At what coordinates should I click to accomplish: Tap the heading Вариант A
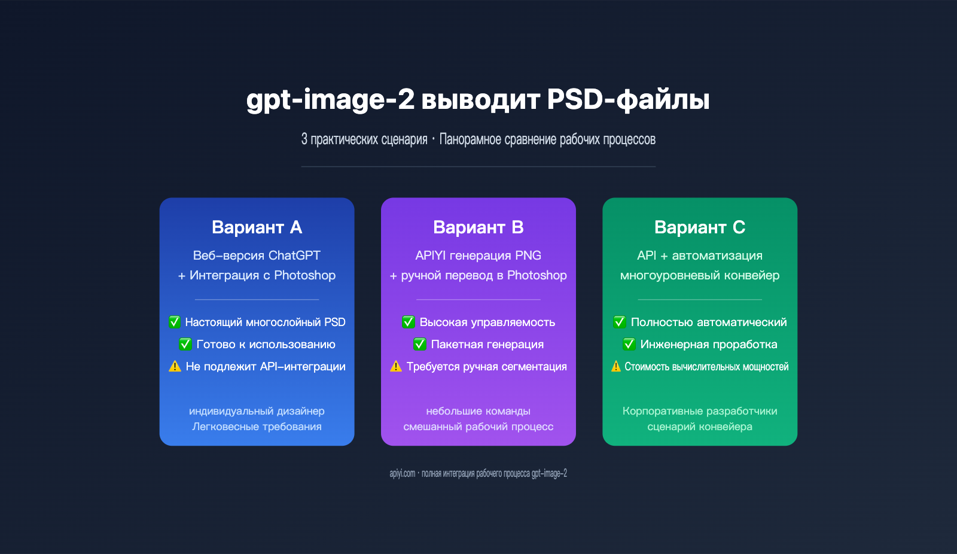coord(257,227)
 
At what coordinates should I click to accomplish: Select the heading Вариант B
coord(478,227)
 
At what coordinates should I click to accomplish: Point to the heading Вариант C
coord(699,227)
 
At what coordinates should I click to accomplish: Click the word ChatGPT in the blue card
coord(294,255)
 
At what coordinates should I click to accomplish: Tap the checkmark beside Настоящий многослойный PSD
coord(175,322)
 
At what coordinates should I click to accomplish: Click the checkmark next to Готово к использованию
coord(185,344)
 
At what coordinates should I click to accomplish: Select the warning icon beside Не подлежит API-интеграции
coord(175,366)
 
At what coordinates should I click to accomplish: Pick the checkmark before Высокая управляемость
coord(409,322)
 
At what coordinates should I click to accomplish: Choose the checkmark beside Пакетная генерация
coord(420,344)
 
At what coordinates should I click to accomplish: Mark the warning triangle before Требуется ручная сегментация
coord(396,366)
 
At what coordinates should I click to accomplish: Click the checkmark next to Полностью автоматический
coord(620,322)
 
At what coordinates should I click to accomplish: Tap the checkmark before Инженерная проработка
coord(629,344)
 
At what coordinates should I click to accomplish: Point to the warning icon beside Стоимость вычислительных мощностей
coord(616,366)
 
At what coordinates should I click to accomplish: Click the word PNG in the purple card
coord(528,255)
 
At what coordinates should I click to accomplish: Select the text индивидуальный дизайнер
coord(257,411)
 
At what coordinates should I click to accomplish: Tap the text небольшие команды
coord(478,411)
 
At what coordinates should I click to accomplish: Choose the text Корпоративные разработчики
coord(699,411)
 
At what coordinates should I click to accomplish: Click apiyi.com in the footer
coord(402,473)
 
